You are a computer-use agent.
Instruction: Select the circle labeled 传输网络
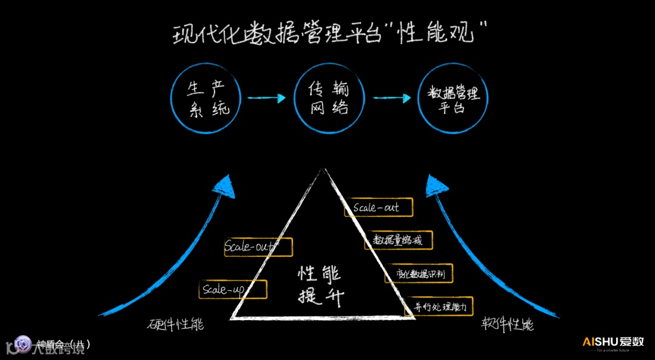[329, 99]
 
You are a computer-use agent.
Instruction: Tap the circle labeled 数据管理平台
[454, 99]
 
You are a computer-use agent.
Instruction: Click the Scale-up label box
[233, 290]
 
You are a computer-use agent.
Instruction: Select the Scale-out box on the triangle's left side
[258, 247]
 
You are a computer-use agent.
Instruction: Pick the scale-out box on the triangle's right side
[378, 207]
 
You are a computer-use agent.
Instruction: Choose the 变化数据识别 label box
[419, 273]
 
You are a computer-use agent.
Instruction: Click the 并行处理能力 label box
[438, 307]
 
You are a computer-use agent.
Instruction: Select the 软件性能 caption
[508, 324]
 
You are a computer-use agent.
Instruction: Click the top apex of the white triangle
[323, 171]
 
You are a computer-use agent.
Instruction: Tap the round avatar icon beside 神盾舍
[24, 344]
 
